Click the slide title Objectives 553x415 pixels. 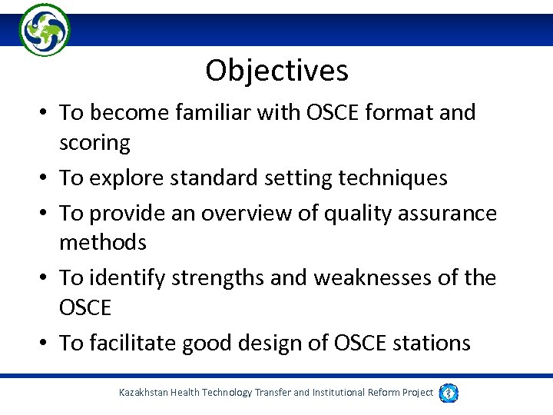276,71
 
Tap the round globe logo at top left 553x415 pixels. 45,30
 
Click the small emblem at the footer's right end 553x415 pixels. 449,393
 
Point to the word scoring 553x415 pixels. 94,143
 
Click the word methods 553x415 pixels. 102,243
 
